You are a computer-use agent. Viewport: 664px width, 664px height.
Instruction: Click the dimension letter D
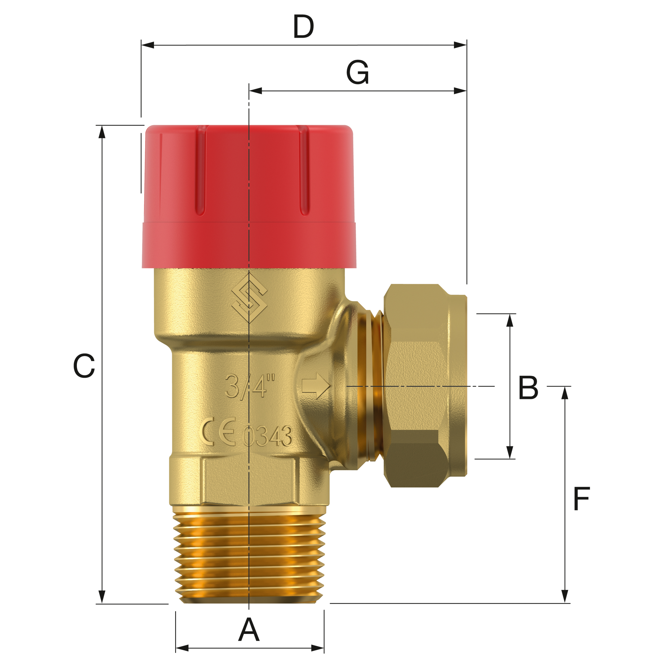pos(304,27)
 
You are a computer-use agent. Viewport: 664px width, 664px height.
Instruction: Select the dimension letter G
pos(357,73)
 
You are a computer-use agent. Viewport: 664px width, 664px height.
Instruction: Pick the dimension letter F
pos(581,499)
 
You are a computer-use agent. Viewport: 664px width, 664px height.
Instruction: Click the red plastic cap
pos(249,196)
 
